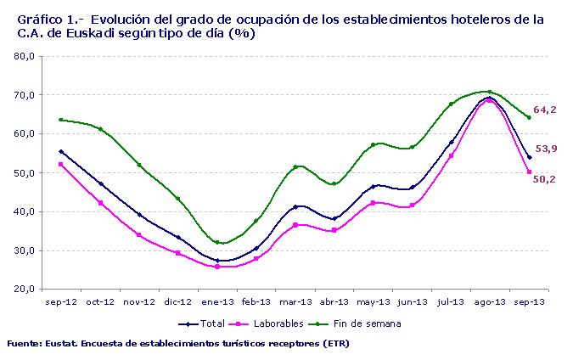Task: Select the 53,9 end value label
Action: click(x=544, y=149)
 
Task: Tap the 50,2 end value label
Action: click(x=544, y=179)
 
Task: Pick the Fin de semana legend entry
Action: click(x=362, y=323)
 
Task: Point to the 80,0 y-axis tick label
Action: click(x=23, y=57)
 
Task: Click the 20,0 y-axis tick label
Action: click(x=23, y=290)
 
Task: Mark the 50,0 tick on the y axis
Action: click(x=23, y=173)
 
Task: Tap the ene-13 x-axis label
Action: click(x=217, y=301)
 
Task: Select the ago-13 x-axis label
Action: click(x=490, y=301)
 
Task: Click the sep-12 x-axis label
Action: click(x=61, y=301)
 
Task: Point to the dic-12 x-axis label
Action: click(x=178, y=301)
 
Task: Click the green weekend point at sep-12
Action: click(x=61, y=120)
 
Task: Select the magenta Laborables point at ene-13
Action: click(x=217, y=267)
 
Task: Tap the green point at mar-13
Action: click(x=295, y=167)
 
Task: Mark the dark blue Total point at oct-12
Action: click(x=100, y=183)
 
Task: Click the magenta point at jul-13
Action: click(x=452, y=155)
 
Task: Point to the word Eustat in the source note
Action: click(x=61, y=344)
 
